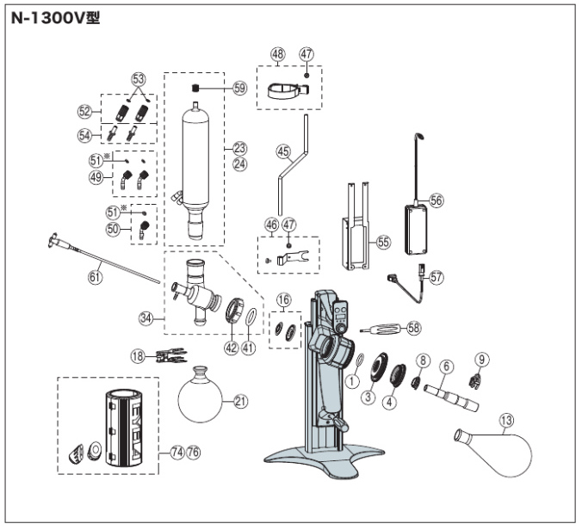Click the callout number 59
point(239,88)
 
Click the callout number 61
point(95,277)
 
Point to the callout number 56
point(436,200)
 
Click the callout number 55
point(383,243)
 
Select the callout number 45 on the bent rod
point(282,150)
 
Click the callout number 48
point(277,53)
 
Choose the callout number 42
point(230,348)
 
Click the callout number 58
point(415,327)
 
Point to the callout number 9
point(481,358)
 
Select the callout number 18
point(137,354)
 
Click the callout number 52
point(84,111)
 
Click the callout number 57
point(436,277)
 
